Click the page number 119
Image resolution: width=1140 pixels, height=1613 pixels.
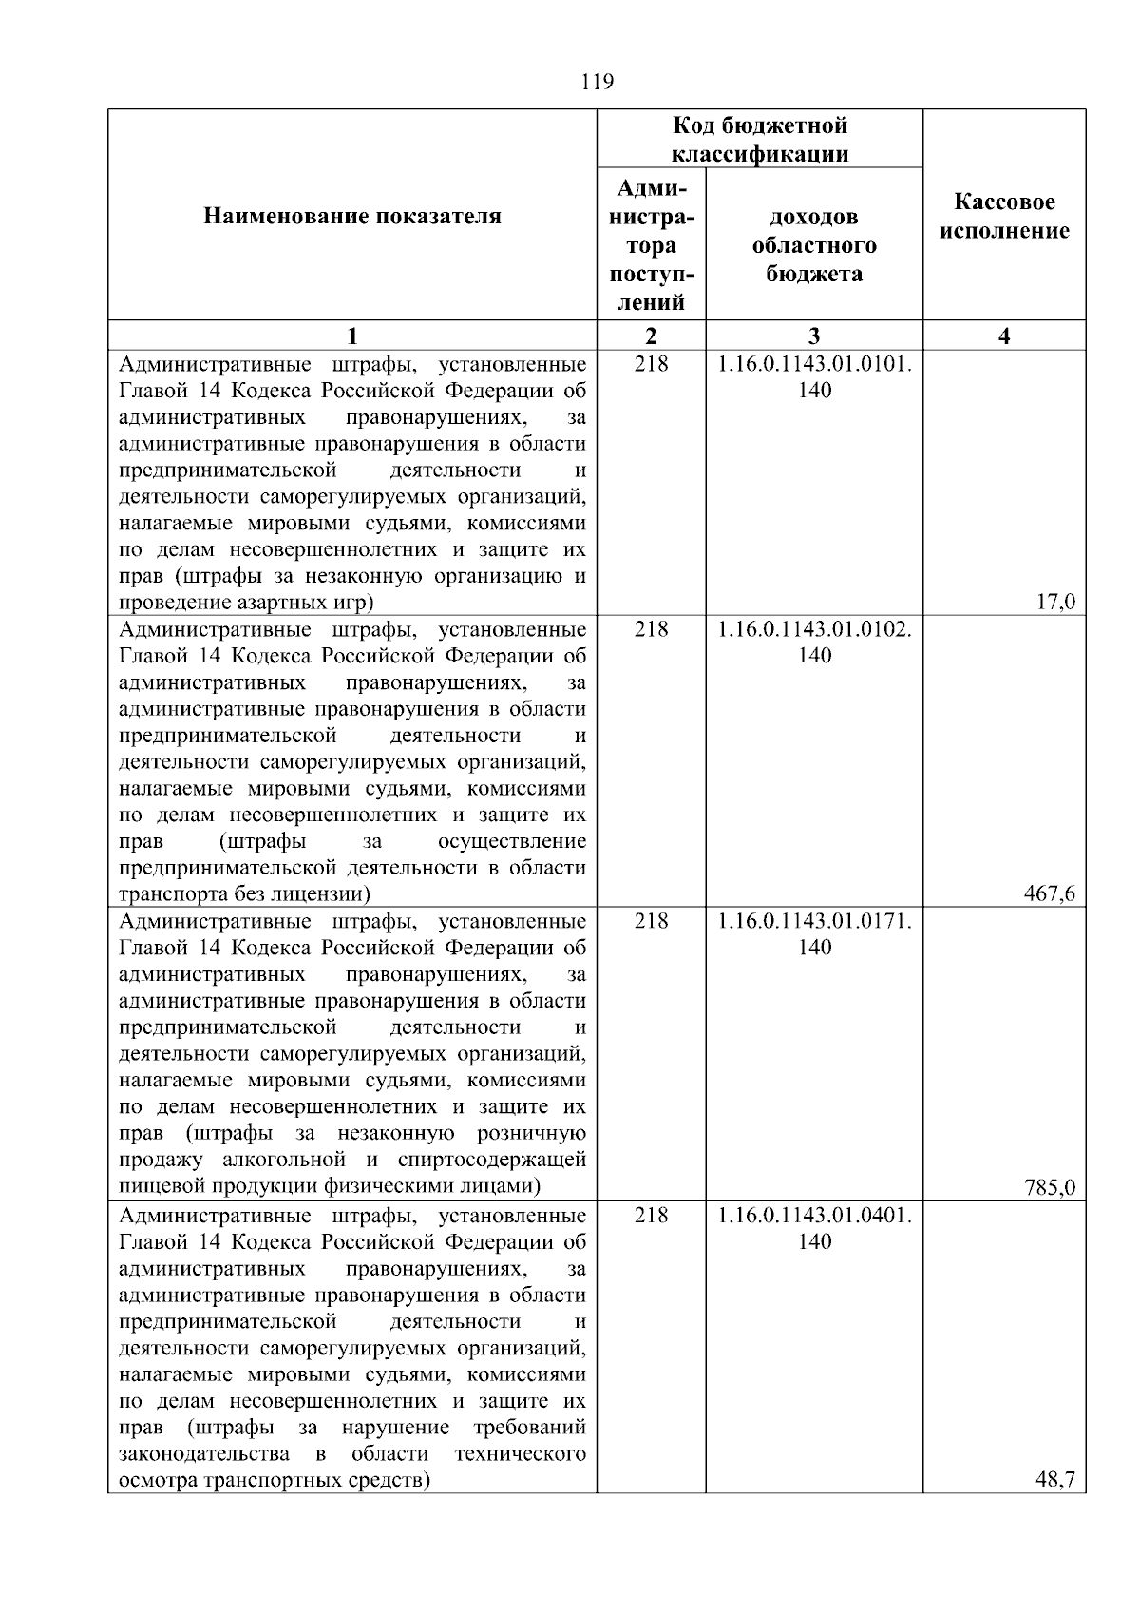pyautogui.click(x=598, y=82)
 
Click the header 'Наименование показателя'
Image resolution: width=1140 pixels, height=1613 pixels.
pyautogui.click(x=352, y=217)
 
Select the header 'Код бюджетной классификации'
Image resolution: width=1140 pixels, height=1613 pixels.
pyautogui.click(x=760, y=140)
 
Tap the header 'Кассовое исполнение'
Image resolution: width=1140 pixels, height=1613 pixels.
pyautogui.click(x=1004, y=217)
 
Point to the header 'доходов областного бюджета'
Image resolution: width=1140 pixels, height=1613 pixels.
pyautogui.click(x=814, y=245)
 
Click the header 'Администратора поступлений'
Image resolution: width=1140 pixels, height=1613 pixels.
pyautogui.click(x=651, y=245)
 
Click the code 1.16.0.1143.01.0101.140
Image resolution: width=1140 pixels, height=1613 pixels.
pyautogui.click(x=814, y=376)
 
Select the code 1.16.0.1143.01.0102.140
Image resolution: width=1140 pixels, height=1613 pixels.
pyautogui.click(x=814, y=642)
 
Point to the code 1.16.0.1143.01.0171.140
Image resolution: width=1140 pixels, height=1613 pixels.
pyautogui.click(x=814, y=933)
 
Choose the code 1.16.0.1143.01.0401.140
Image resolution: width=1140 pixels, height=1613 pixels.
pyautogui.click(x=814, y=1228)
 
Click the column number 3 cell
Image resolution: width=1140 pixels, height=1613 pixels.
pyautogui.click(x=814, y=336)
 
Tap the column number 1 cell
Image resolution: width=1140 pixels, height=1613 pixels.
pyautogui.click(x=352, y=336)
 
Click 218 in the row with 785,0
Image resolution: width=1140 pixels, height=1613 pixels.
pyautogui.click(x=651, y=921)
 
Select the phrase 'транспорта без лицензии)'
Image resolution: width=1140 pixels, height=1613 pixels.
pyautogui.click(x=244, y=894)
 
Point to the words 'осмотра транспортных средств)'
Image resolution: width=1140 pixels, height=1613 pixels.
pyautogui.click(x=275, y=1481)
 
